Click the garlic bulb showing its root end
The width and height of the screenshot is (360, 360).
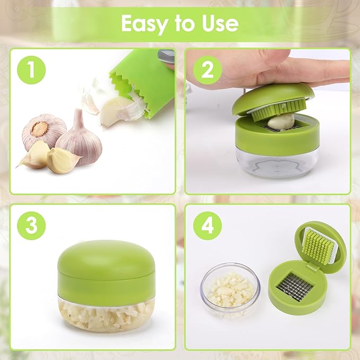pyautogui.click(x=43, y=129)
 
